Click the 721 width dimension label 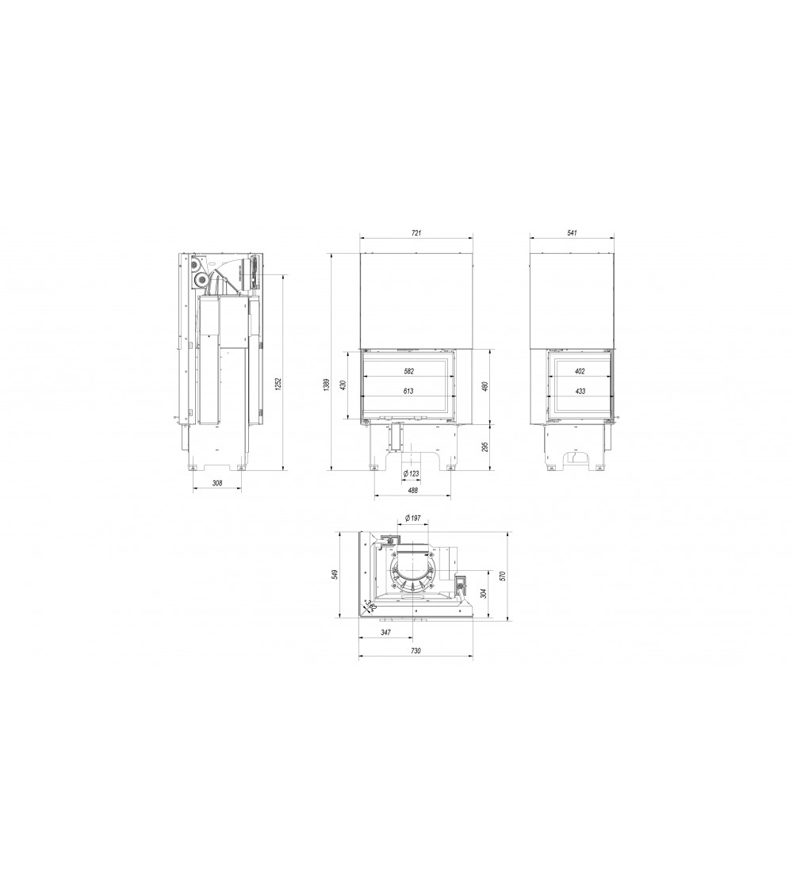point(416,233)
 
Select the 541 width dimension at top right point(573,233)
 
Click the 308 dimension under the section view point(217,482)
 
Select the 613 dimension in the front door point(408,391)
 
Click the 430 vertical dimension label point(343,385)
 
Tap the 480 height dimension point(485,386)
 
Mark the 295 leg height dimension point(485,446)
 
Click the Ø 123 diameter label point(411,473)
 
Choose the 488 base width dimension point(412,491)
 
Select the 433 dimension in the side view point(580,391)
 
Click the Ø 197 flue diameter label point(412,518)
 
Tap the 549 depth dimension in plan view point(336,573)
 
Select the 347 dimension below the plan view point(385,633)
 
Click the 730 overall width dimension point(416,650)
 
